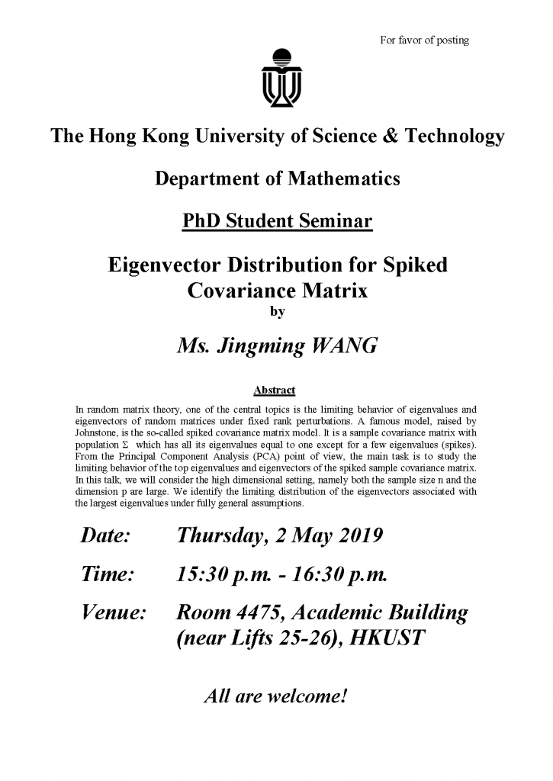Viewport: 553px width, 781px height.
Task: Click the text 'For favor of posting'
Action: click(x=424, y=40)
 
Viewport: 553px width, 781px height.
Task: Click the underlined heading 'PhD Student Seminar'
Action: click(x=277, y=222)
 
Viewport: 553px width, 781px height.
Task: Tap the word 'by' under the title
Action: click(x=276, y=311)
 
